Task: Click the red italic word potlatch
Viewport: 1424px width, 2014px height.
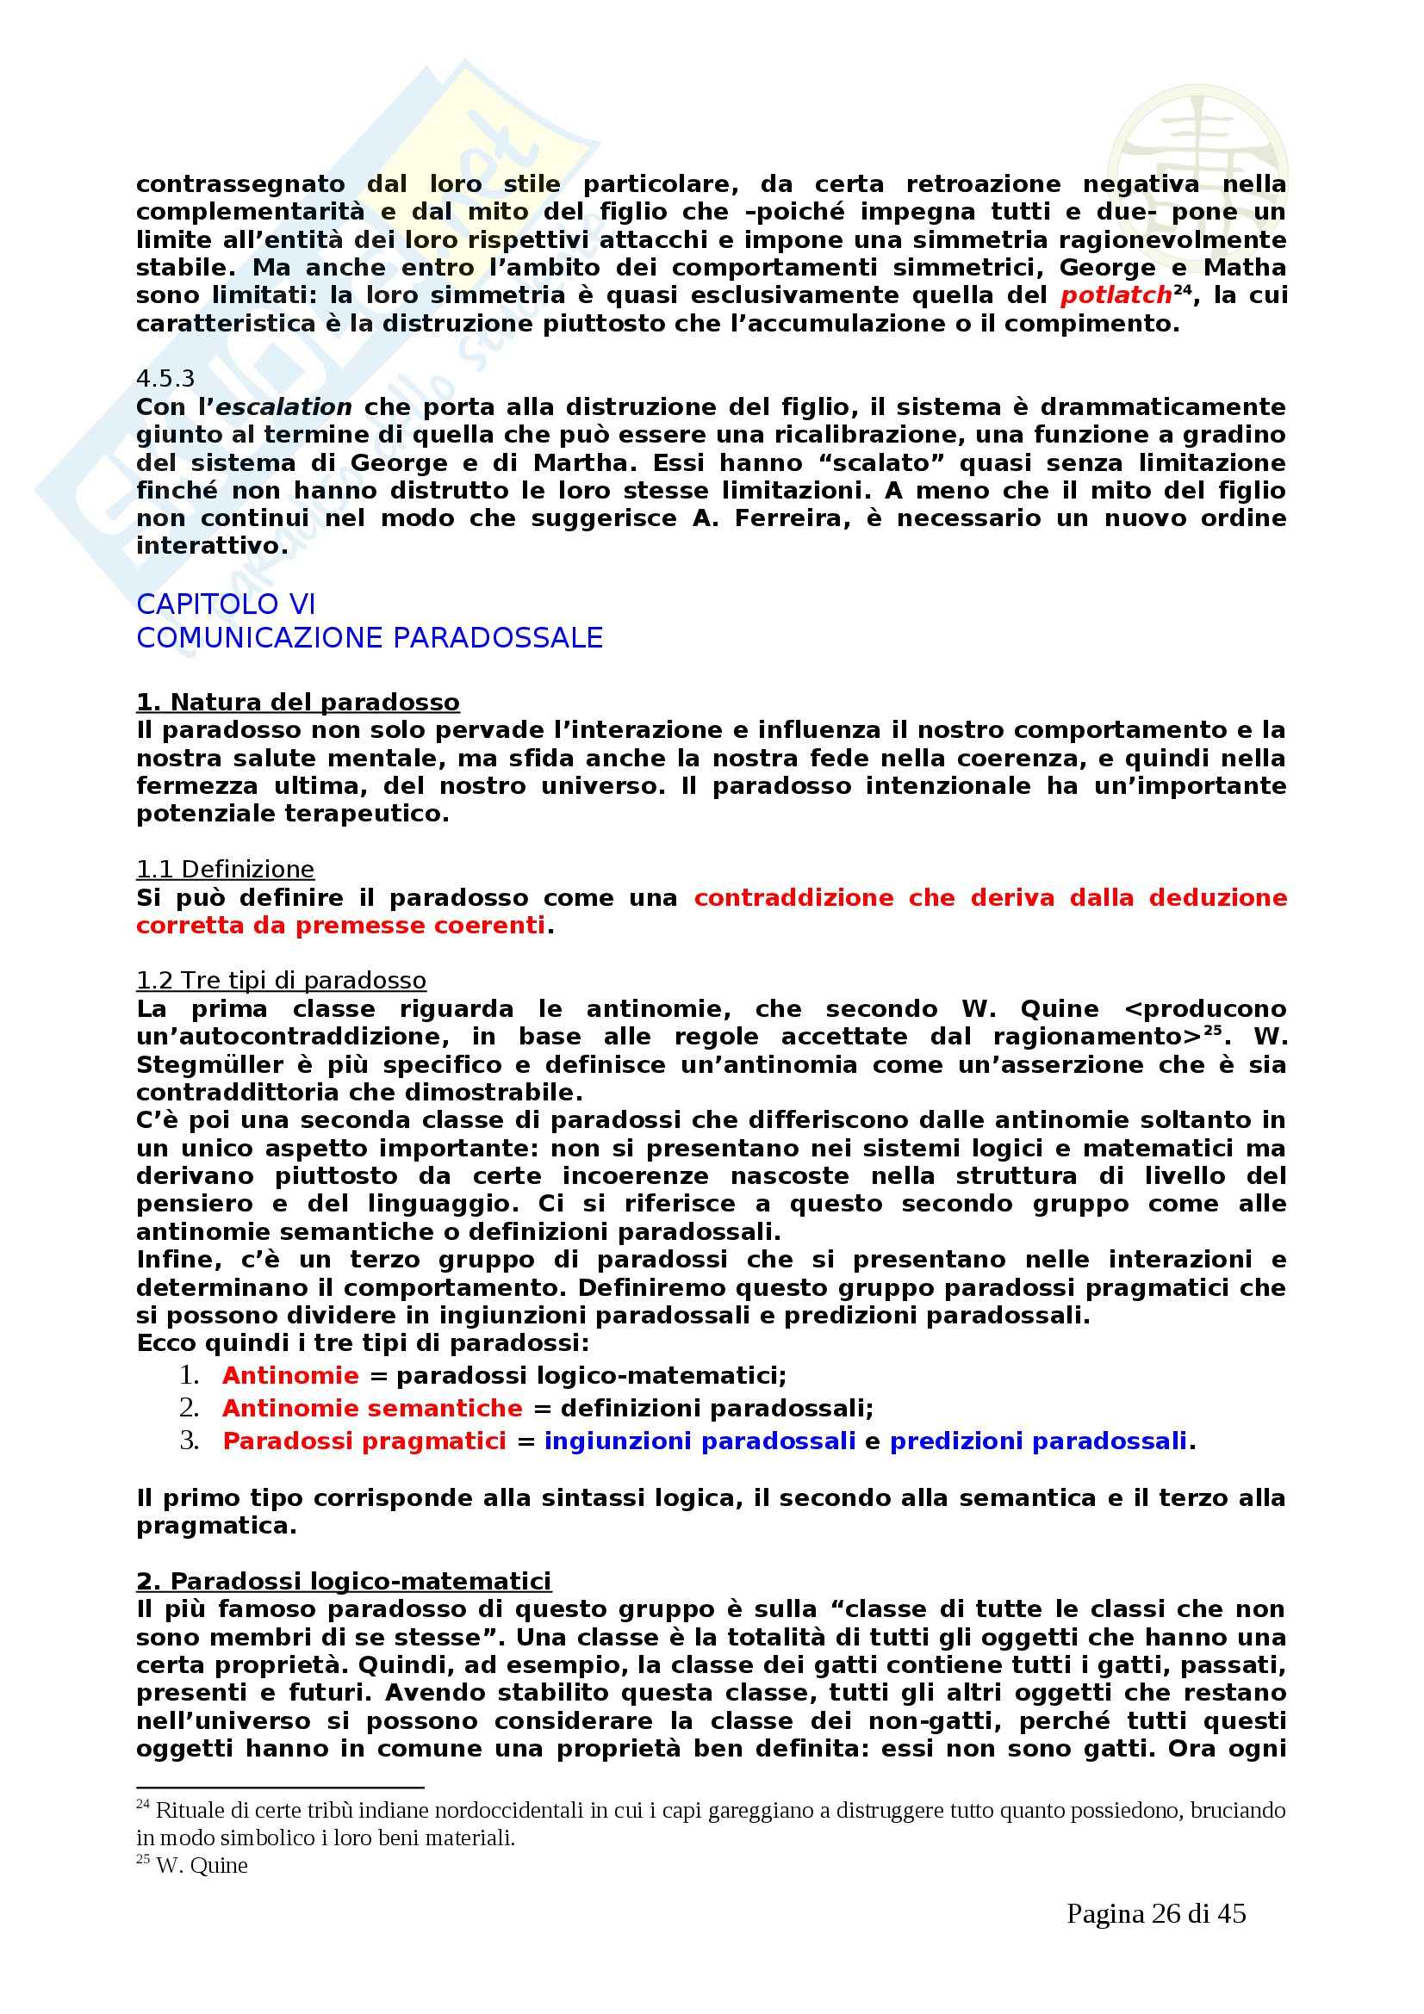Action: tap(1115, 295)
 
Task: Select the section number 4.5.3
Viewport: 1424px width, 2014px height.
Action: tap(165, 379)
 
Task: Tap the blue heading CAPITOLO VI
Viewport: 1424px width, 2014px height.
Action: tap(226, 604)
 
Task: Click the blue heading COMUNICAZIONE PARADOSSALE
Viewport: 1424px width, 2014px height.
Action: tap(370, 638)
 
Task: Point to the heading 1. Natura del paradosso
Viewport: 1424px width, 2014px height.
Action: tap(297, 703)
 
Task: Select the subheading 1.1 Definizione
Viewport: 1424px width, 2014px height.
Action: tap(225, 870)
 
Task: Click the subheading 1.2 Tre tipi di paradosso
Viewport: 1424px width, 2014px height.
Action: tap(281, 981)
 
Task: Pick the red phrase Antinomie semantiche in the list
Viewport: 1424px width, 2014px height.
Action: tap(372, 1408)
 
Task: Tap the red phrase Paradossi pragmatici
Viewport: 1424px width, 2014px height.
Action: tap(364, 1441)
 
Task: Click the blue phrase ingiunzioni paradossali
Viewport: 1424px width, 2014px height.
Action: tap(700, 1441)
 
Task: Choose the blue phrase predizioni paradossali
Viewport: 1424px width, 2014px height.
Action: tap(1038, 1441)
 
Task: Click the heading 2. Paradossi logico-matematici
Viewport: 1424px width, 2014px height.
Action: tap(343, 1582)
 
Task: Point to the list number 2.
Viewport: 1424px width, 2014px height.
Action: tap(189, 1408)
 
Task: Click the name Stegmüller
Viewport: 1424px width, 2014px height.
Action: tap(209, 1065)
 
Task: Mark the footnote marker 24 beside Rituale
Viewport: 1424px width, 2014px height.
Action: tap(142, 1806)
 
